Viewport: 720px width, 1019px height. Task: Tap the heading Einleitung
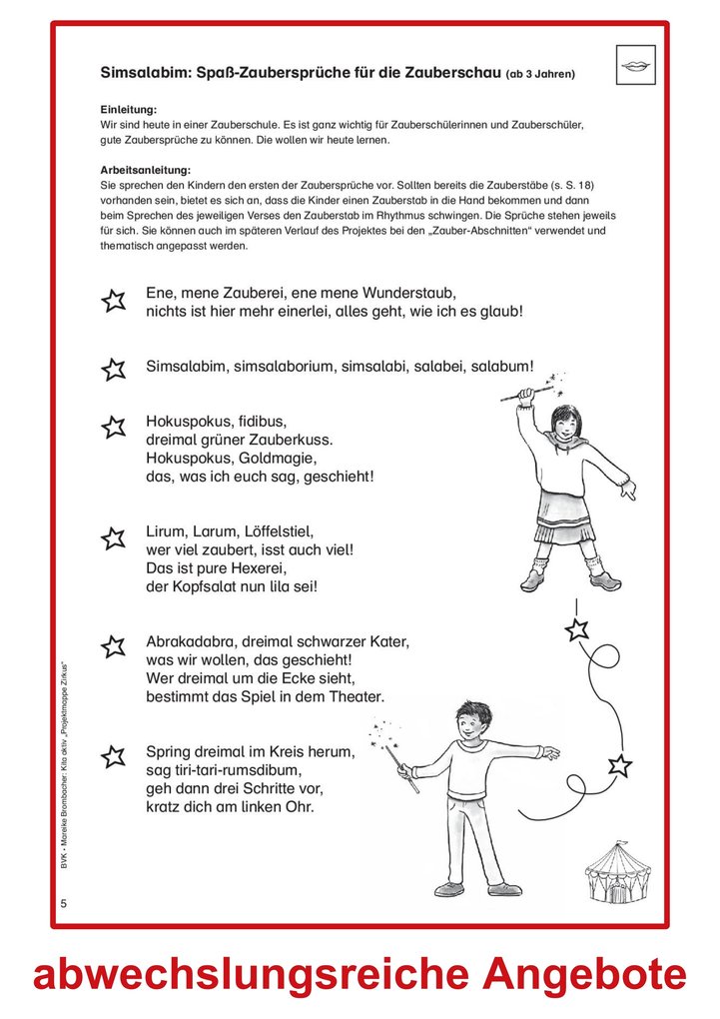click(x=130, y=108)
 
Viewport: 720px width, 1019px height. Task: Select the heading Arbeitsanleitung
click(x=145, y=170)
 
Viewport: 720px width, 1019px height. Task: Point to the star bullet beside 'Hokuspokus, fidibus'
click(x=114, y=428)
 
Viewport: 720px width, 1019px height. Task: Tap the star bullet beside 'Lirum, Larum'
click(x=114, y=539)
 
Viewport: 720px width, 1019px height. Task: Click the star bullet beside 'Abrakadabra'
click(x=114, y=646)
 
